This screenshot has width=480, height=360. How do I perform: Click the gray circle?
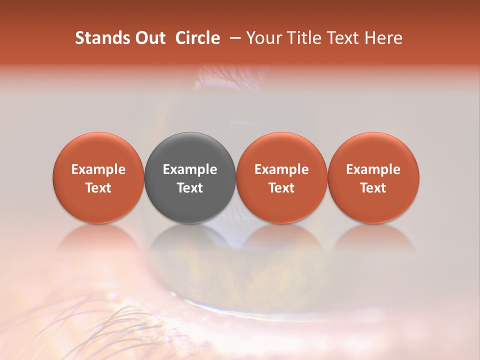tap(190, 150)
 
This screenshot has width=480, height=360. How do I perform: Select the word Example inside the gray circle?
tap(190, 169)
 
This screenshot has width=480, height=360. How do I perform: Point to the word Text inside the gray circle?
tap(190, 188)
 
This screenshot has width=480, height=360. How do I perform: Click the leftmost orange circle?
tap(98, 150)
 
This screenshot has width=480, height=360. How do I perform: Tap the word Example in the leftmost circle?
tap(98, 169)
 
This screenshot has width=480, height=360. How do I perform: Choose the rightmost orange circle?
tap(373, 150)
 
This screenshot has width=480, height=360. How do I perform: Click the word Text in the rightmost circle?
tap(373, 188)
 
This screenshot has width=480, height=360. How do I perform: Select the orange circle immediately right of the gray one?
tap(281, 150)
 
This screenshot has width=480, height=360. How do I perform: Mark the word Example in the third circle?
tap(281, 169)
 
